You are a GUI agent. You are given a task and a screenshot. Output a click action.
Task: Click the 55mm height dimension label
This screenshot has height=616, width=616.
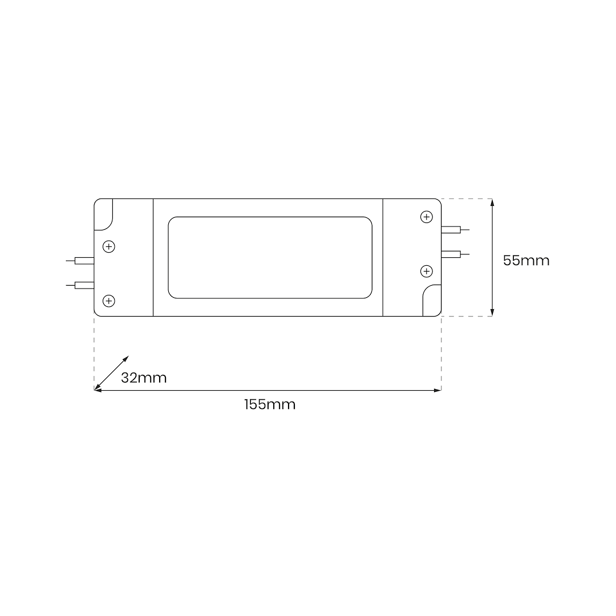[x=526, y=261]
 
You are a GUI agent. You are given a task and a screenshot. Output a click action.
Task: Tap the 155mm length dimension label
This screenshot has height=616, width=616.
[x=270, y=405]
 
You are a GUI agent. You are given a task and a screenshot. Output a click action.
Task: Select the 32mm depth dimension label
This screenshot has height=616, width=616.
[x=144, y=378]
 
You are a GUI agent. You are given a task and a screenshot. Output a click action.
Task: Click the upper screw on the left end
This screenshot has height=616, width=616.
[x=108, y=247]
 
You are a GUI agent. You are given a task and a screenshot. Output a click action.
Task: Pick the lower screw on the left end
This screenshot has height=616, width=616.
[x=108, y=301]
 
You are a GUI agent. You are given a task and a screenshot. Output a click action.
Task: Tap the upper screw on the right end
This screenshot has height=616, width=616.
[x=426, y=217]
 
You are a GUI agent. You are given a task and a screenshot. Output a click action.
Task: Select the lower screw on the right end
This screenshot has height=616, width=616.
[x=426, y=270]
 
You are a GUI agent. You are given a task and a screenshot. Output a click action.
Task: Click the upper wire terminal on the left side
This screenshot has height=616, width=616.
[x=84, y=261]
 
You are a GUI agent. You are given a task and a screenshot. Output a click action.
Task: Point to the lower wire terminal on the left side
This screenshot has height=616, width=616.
[x=84, y=285]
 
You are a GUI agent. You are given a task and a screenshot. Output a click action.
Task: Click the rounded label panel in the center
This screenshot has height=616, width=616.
[x=270, y=257]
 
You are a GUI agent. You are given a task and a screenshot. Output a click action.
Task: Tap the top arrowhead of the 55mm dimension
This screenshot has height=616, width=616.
[x=492, y=202]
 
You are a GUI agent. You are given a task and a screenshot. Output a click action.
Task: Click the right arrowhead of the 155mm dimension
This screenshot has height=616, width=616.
[x=438, y=390]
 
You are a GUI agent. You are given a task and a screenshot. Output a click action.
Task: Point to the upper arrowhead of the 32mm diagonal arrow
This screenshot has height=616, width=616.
[x=126, y=359]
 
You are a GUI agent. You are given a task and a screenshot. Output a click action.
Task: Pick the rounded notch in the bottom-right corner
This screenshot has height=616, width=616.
[x=432, y=300]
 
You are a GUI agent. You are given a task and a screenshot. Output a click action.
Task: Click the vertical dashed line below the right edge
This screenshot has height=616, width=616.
[x=441, y=354]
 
